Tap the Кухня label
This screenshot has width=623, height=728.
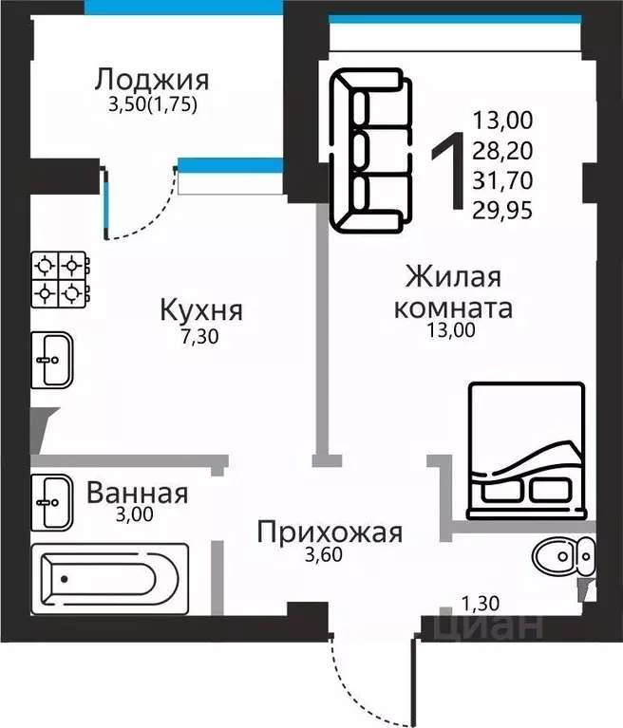tap(201, 309)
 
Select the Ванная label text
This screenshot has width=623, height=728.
tap(137, 494)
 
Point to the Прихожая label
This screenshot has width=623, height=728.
tap(330, 532)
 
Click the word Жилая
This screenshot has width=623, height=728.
tap(452, 278)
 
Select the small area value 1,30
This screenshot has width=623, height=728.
tap(480, 601)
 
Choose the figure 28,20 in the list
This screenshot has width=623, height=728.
tap(502, 149)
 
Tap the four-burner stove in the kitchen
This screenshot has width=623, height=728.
tap(62, 279)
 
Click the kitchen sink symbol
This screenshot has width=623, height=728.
tap(53, 359)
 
